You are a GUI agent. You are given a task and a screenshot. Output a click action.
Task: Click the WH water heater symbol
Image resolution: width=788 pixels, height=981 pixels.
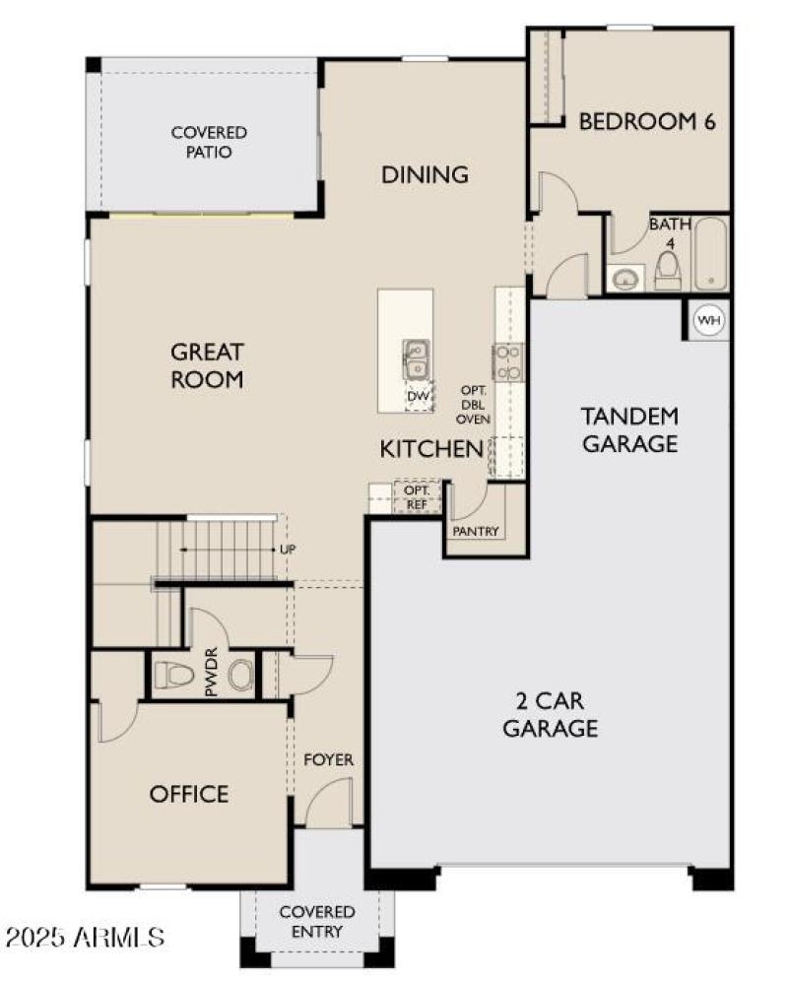708,320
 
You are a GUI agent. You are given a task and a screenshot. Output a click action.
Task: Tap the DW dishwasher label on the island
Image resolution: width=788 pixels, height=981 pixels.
418,396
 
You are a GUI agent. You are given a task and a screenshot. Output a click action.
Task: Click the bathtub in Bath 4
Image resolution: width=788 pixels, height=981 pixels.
709,254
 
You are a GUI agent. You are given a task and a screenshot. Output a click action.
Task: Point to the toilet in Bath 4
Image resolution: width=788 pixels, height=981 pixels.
668,269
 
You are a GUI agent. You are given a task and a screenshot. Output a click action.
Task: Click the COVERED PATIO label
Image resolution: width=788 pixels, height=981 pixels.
208,142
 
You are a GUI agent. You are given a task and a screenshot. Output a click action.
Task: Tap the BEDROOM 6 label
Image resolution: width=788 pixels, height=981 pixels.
646,122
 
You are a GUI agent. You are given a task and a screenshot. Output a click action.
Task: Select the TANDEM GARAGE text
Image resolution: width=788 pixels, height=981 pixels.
629,429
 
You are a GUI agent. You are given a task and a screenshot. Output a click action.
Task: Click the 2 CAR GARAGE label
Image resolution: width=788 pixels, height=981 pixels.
551,715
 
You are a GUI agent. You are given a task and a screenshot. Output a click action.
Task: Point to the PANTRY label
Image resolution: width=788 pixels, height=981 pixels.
476,532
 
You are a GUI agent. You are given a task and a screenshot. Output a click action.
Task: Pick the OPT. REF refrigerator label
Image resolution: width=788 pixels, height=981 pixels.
418,497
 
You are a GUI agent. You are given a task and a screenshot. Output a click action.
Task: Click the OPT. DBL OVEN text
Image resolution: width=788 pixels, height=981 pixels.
473,404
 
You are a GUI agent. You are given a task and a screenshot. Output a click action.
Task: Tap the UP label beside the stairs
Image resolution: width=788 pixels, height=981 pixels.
288,549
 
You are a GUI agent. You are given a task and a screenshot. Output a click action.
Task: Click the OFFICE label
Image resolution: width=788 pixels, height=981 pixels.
189,794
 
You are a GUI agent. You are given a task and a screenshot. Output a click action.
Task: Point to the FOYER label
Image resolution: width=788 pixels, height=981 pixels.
328,760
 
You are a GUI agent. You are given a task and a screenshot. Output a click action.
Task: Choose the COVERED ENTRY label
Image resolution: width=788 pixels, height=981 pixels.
317,922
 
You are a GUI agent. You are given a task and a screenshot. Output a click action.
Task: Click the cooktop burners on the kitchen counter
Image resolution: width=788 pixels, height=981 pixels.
509,361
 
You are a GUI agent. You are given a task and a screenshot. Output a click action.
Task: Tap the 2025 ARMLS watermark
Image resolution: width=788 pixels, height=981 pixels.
83,935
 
